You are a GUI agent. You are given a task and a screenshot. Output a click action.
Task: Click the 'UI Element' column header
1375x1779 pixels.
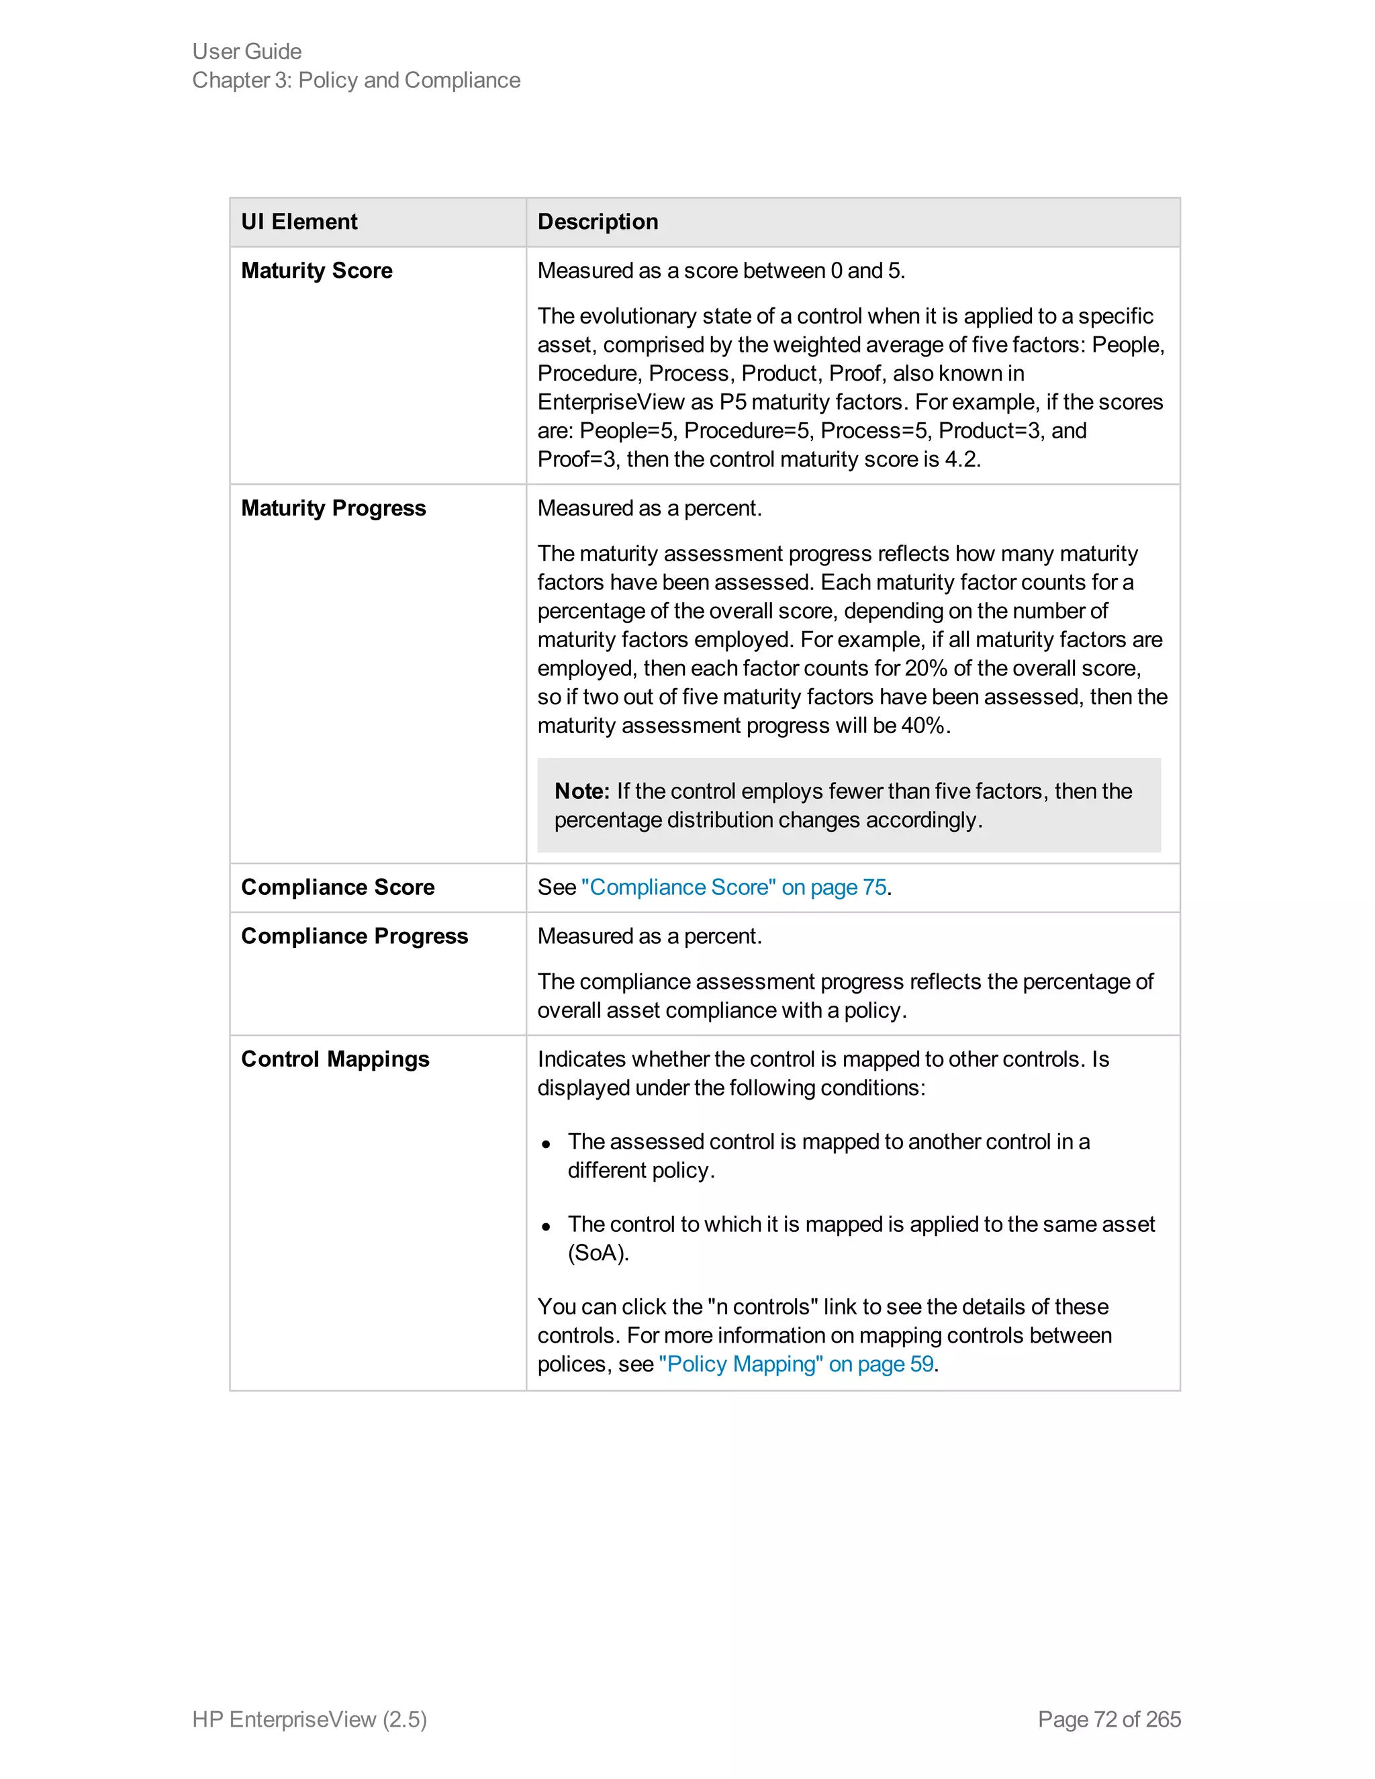click(x=299, y=222)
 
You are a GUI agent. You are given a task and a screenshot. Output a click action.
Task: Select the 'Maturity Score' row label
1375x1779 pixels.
click(x=316, y=271)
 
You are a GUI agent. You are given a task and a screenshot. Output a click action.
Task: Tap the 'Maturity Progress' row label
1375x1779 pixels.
click(x=333, y=508)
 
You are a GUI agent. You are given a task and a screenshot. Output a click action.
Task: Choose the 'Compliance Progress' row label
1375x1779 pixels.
click(x=354, y=936)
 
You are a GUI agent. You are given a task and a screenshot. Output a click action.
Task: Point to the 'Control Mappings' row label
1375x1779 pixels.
click(x=335, y=1059)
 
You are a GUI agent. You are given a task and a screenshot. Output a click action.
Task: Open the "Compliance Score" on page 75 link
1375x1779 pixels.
click(x=733, y=887)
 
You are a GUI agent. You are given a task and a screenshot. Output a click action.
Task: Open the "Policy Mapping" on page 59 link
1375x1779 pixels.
click(x=796, y=1363)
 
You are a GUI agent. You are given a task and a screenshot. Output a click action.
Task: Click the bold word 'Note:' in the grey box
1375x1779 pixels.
click(x=581, y=791)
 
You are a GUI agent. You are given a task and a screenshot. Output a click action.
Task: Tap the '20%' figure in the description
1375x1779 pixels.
click(x=925, y=668)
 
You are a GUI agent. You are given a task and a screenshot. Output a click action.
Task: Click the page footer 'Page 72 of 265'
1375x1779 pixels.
click(x=1108, y=1719)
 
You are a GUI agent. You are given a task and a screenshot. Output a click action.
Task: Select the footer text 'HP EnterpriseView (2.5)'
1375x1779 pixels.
click(x=310, y=1719)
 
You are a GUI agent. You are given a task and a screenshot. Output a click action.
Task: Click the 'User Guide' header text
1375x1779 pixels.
click(x=247, y=51)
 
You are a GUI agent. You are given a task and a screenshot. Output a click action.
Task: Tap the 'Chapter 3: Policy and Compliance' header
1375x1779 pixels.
click(x=356, y=80)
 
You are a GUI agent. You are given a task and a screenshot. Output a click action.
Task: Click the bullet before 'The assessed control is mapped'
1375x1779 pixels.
click(x=546, y=1144)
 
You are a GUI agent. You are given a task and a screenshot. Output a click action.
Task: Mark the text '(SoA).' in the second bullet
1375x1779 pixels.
click(x=598, y=1253)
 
